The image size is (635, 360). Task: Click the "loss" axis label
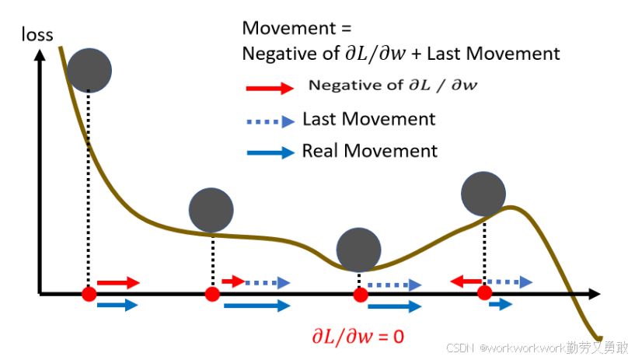click(x=37, y=34)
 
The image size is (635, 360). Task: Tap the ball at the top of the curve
click(x=89, y=69)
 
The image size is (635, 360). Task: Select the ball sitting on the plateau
click(x=211, y=210)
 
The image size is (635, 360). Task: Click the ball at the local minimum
click(x=359, y=250)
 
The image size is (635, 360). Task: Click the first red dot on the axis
click(x=89, y=294)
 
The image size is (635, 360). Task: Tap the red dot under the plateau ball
click(x=211, y=294)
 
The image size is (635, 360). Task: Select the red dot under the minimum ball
click(x=360, y=294)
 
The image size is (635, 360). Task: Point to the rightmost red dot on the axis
click(x=484, y=293)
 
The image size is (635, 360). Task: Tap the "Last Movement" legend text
click(x=368, y=119)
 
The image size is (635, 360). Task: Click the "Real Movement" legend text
click(x=370, y=151)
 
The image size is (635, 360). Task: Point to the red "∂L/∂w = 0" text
click(x=358, y=337)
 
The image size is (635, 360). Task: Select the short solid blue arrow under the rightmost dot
click(x=501, y=305)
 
